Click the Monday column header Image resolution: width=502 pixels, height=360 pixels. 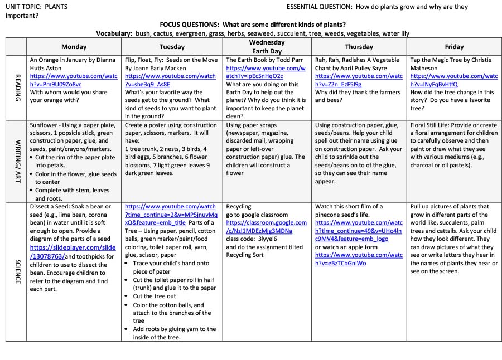[74, 47]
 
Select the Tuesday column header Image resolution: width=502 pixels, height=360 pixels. [172, 47]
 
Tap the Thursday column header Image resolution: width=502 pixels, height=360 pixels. [359, 47]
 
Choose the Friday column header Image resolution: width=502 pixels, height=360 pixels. [454, 47]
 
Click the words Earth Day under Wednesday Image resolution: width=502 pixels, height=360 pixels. [267, 51]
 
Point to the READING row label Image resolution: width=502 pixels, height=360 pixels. [17, 87]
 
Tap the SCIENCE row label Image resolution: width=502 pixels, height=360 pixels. [17, 271]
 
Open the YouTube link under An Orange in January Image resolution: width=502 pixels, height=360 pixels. [74, 80]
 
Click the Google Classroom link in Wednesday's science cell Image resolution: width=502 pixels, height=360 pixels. [266, 227]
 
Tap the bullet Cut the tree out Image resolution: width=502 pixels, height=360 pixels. [154, 296]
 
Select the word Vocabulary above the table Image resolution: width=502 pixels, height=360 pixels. [114, 33]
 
